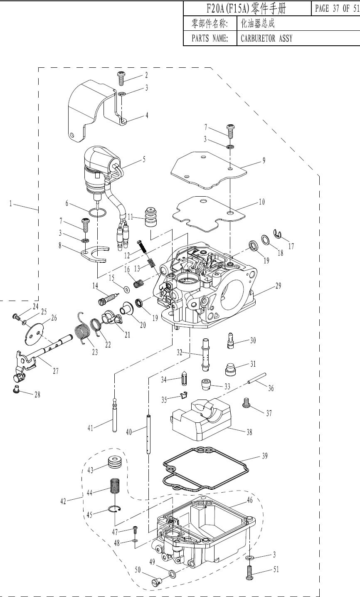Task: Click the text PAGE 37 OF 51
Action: (337, 9)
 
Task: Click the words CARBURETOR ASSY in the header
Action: (266, 39)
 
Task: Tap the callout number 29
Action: (278, 286)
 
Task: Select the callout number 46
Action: (249, 500)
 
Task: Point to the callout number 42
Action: (63, 501)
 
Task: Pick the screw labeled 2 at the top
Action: (121, 78)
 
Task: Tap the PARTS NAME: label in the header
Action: (210, 39)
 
